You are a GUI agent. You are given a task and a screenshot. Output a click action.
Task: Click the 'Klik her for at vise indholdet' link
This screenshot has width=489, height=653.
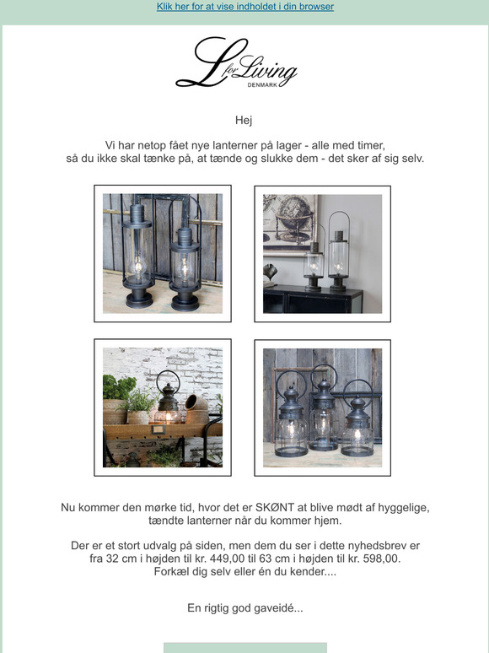(x=245, y=7)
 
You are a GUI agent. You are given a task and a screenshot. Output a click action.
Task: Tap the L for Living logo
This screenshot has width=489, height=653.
(x=236, y=62)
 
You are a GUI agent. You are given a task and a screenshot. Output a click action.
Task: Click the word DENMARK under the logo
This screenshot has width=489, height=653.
(x=262, y=85)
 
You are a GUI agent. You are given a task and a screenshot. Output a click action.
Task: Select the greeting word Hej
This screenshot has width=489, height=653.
(x=244, y=121)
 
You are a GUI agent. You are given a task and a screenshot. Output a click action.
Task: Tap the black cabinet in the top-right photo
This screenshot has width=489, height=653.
(x=313, y=299)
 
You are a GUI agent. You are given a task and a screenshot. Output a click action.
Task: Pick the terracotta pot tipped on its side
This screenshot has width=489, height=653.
(x=196, y=409)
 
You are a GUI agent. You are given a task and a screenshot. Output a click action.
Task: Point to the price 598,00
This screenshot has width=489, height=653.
(x=382, y=559)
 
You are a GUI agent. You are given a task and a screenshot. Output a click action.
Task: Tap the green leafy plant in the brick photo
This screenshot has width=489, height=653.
(x=119, y=388)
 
